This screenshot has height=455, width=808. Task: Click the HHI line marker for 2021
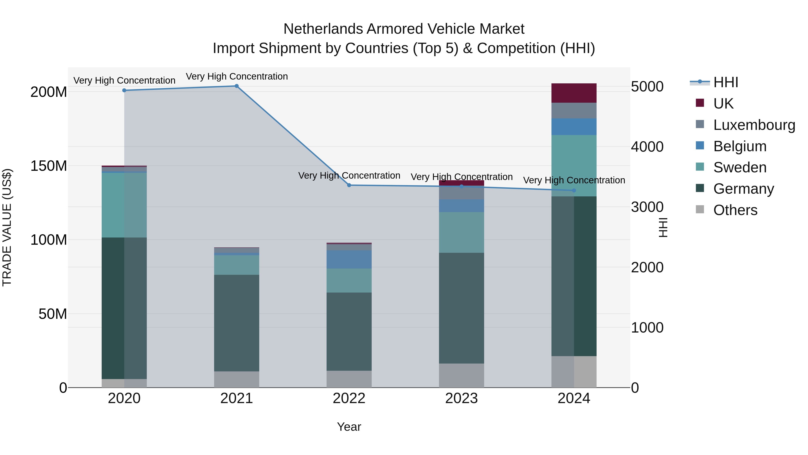coord(237,86)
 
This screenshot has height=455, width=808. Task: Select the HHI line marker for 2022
coord(349,185)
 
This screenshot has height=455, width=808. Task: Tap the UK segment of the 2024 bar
coord(574,93)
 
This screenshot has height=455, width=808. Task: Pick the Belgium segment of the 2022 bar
coord(349,259)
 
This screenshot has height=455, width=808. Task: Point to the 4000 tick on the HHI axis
coord(647,147)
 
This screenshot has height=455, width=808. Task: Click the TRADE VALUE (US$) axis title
coord(7,227)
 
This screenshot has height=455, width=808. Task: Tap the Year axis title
coord(349,427)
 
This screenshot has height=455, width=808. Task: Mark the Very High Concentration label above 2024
coord(574,180)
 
